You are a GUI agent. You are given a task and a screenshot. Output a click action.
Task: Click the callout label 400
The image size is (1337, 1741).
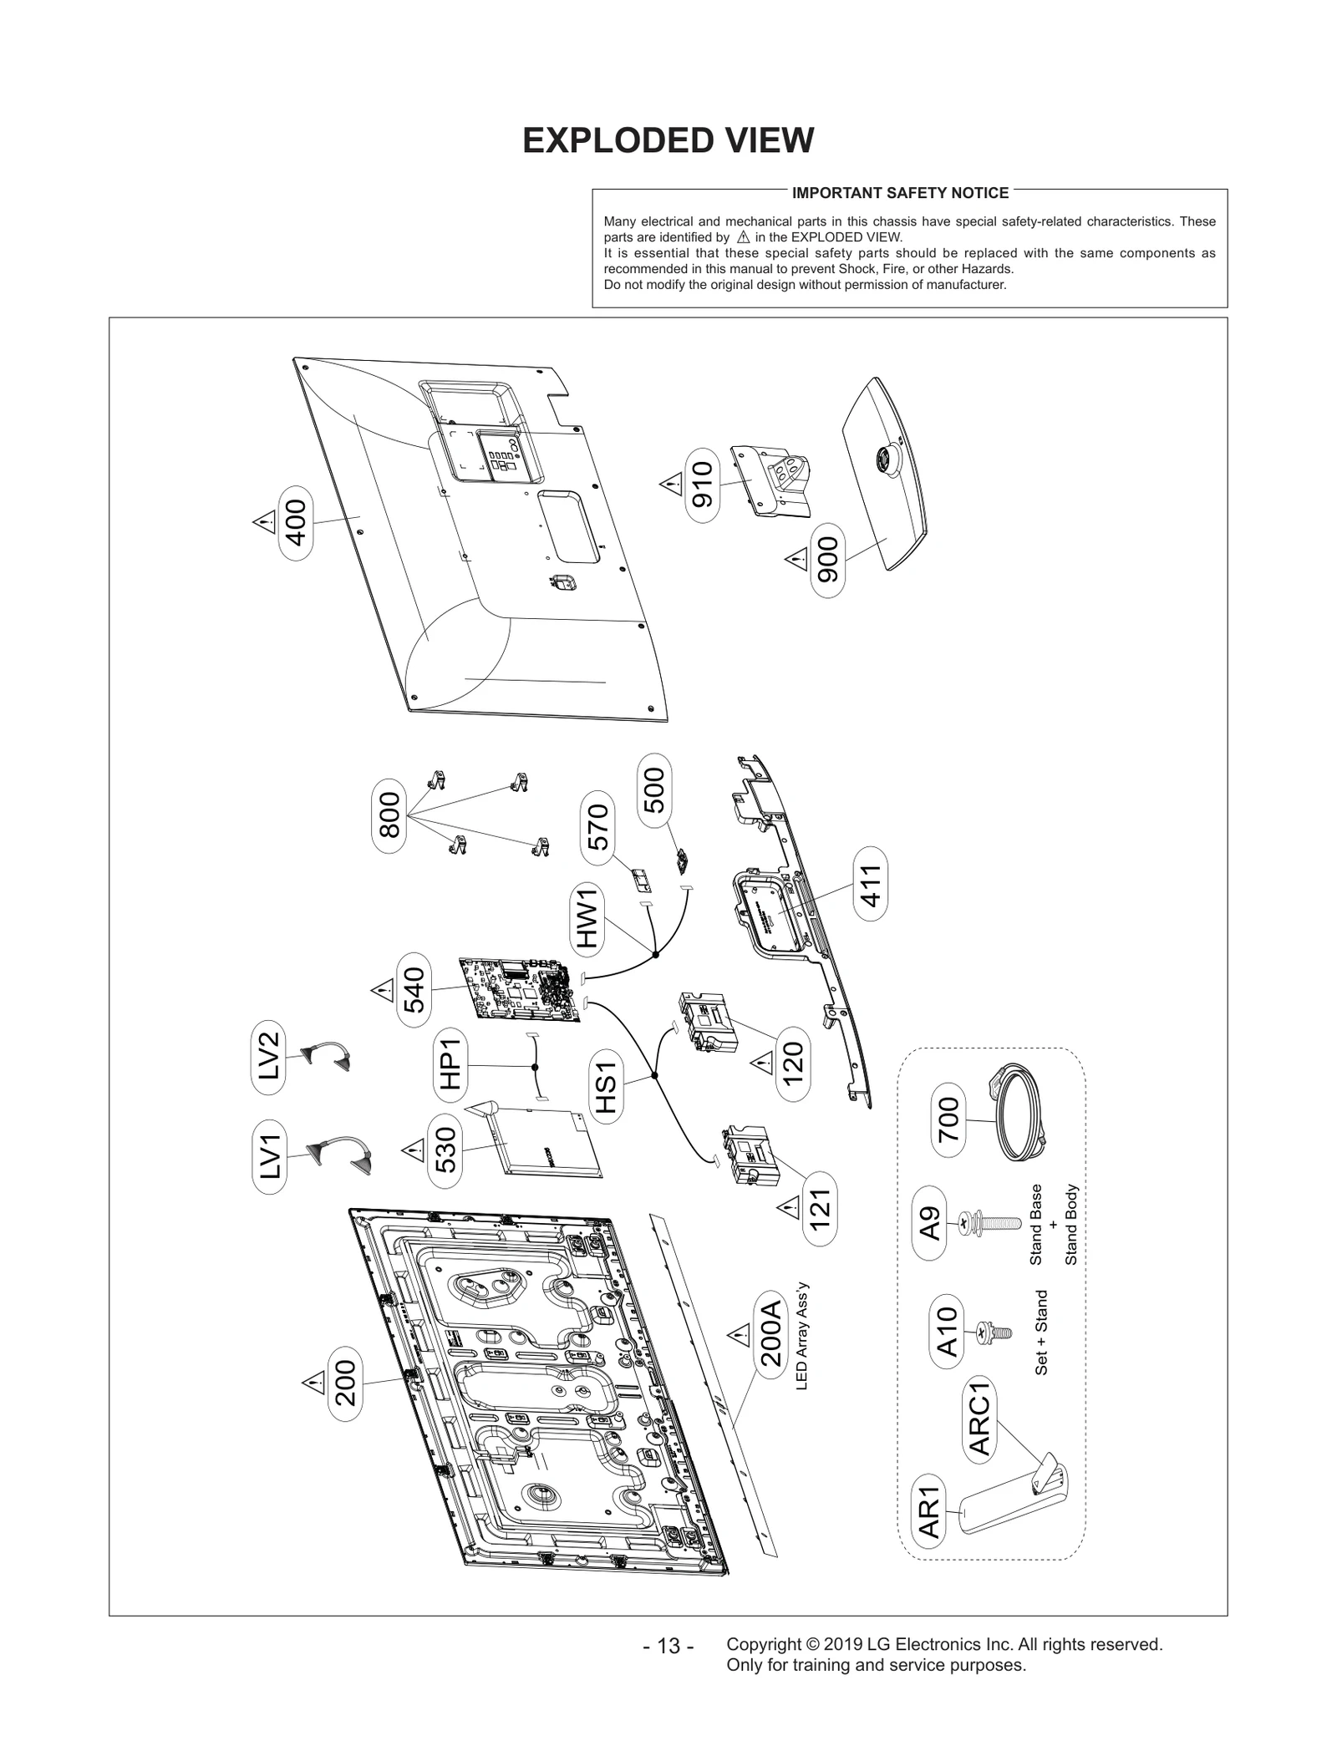tap(296, 522)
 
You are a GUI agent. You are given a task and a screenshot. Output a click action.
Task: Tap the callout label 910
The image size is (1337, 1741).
tap(703, 485)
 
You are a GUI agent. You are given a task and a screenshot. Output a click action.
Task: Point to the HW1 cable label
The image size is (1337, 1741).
tap(587, 918)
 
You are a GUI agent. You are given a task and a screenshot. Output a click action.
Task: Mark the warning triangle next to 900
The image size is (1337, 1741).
tap(796, 558)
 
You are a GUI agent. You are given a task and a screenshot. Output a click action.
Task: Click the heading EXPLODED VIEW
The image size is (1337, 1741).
tap(668, 140)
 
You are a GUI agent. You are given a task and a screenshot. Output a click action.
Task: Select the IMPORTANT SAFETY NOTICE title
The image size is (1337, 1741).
tap(900, 193)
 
